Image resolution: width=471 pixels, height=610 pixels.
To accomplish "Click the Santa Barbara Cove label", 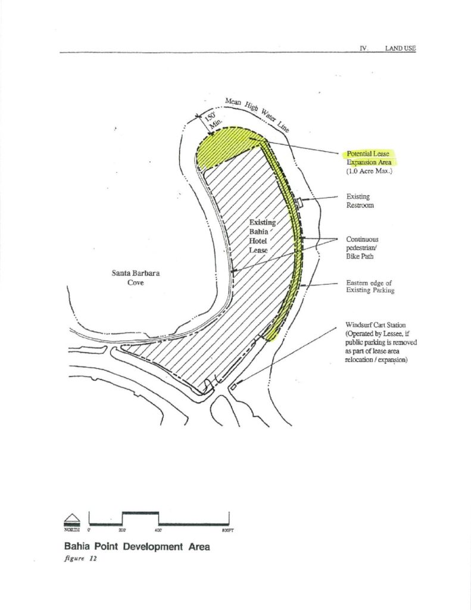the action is [x=135, y=278].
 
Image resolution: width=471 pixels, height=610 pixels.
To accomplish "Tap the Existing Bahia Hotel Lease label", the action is [x=262, y=236].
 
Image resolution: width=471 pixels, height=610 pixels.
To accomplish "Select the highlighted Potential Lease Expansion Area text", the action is [x=369, y=158].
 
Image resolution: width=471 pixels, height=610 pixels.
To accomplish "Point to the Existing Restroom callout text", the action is [x=360, y=201].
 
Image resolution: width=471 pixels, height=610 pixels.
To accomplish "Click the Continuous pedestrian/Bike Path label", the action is [x=362, y=248].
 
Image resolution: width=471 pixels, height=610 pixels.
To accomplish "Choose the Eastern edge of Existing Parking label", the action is [x=370, y=287].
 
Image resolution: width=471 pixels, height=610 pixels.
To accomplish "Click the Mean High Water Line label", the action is [x=257, y=114].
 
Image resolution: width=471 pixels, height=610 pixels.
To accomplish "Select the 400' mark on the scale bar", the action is [x=158, y=530].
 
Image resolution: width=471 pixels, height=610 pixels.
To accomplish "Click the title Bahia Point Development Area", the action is [x=137, y=547].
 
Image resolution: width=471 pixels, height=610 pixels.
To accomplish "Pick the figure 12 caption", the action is [x=80, y=558].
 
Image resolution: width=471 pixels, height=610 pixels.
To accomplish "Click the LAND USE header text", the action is [x=400, y=48].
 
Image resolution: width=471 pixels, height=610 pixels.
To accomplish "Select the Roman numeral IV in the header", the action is [x=364, y=48].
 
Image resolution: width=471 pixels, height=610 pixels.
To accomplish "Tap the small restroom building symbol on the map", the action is [x=299, y=203].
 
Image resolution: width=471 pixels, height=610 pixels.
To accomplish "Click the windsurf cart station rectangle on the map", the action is [x=233, y=387].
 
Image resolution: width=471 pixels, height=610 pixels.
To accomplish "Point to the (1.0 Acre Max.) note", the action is [x=369, y=171].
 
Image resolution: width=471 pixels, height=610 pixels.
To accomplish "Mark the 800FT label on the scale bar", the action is [x=227, y=530].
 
